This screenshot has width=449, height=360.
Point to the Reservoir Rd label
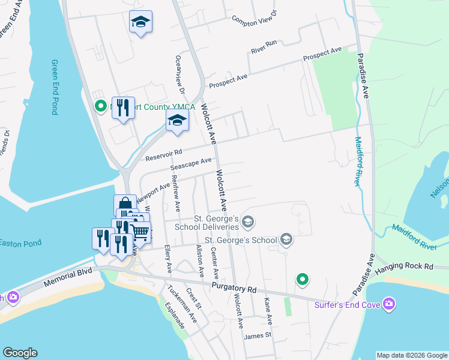[x=163, y=155]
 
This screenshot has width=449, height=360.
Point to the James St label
[x=258, y=335]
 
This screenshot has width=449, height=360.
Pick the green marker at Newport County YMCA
[x=101, y=107]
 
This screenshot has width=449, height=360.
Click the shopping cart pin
[x=140, y=231]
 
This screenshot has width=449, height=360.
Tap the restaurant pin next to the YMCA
[x=123, y=108]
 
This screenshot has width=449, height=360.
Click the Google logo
[x=20, y=353]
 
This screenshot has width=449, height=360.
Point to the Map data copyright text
[x=411, y=355]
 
